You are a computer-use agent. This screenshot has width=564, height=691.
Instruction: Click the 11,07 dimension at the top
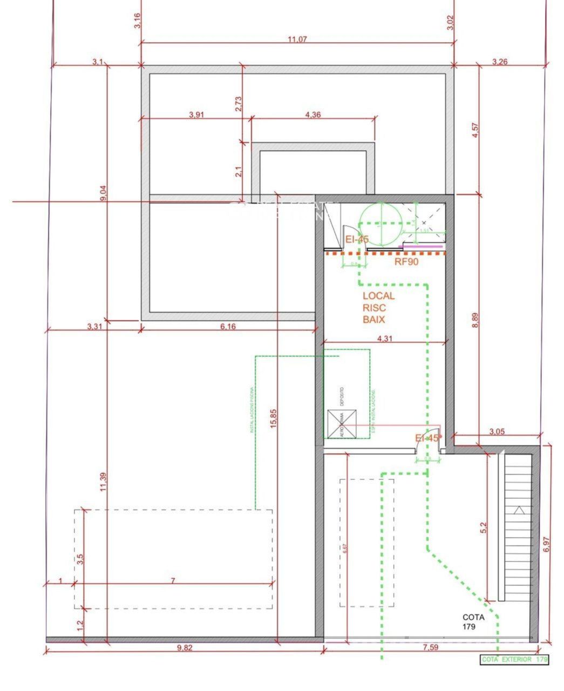point(297,39)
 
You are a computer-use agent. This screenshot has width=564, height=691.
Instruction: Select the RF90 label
point(406,262)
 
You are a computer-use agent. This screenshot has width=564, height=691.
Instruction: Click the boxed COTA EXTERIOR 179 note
point(514,659)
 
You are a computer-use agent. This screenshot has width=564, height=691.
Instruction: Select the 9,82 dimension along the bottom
point(185,648)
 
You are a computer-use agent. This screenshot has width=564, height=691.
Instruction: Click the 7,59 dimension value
point(430,647)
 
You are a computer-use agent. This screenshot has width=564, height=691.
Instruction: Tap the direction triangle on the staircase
point(519,510)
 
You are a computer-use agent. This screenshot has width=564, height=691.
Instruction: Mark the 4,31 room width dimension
point(385,338)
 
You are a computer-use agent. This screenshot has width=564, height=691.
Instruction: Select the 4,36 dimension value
point(313,114)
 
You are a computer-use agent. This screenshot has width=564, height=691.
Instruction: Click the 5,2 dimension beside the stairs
point(483,527)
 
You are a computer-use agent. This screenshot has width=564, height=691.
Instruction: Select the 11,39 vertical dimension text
point(103,482)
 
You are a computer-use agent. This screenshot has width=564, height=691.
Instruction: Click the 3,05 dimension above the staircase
point(497,431)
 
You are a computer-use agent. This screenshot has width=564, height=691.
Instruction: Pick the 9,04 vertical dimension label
point(103,193)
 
